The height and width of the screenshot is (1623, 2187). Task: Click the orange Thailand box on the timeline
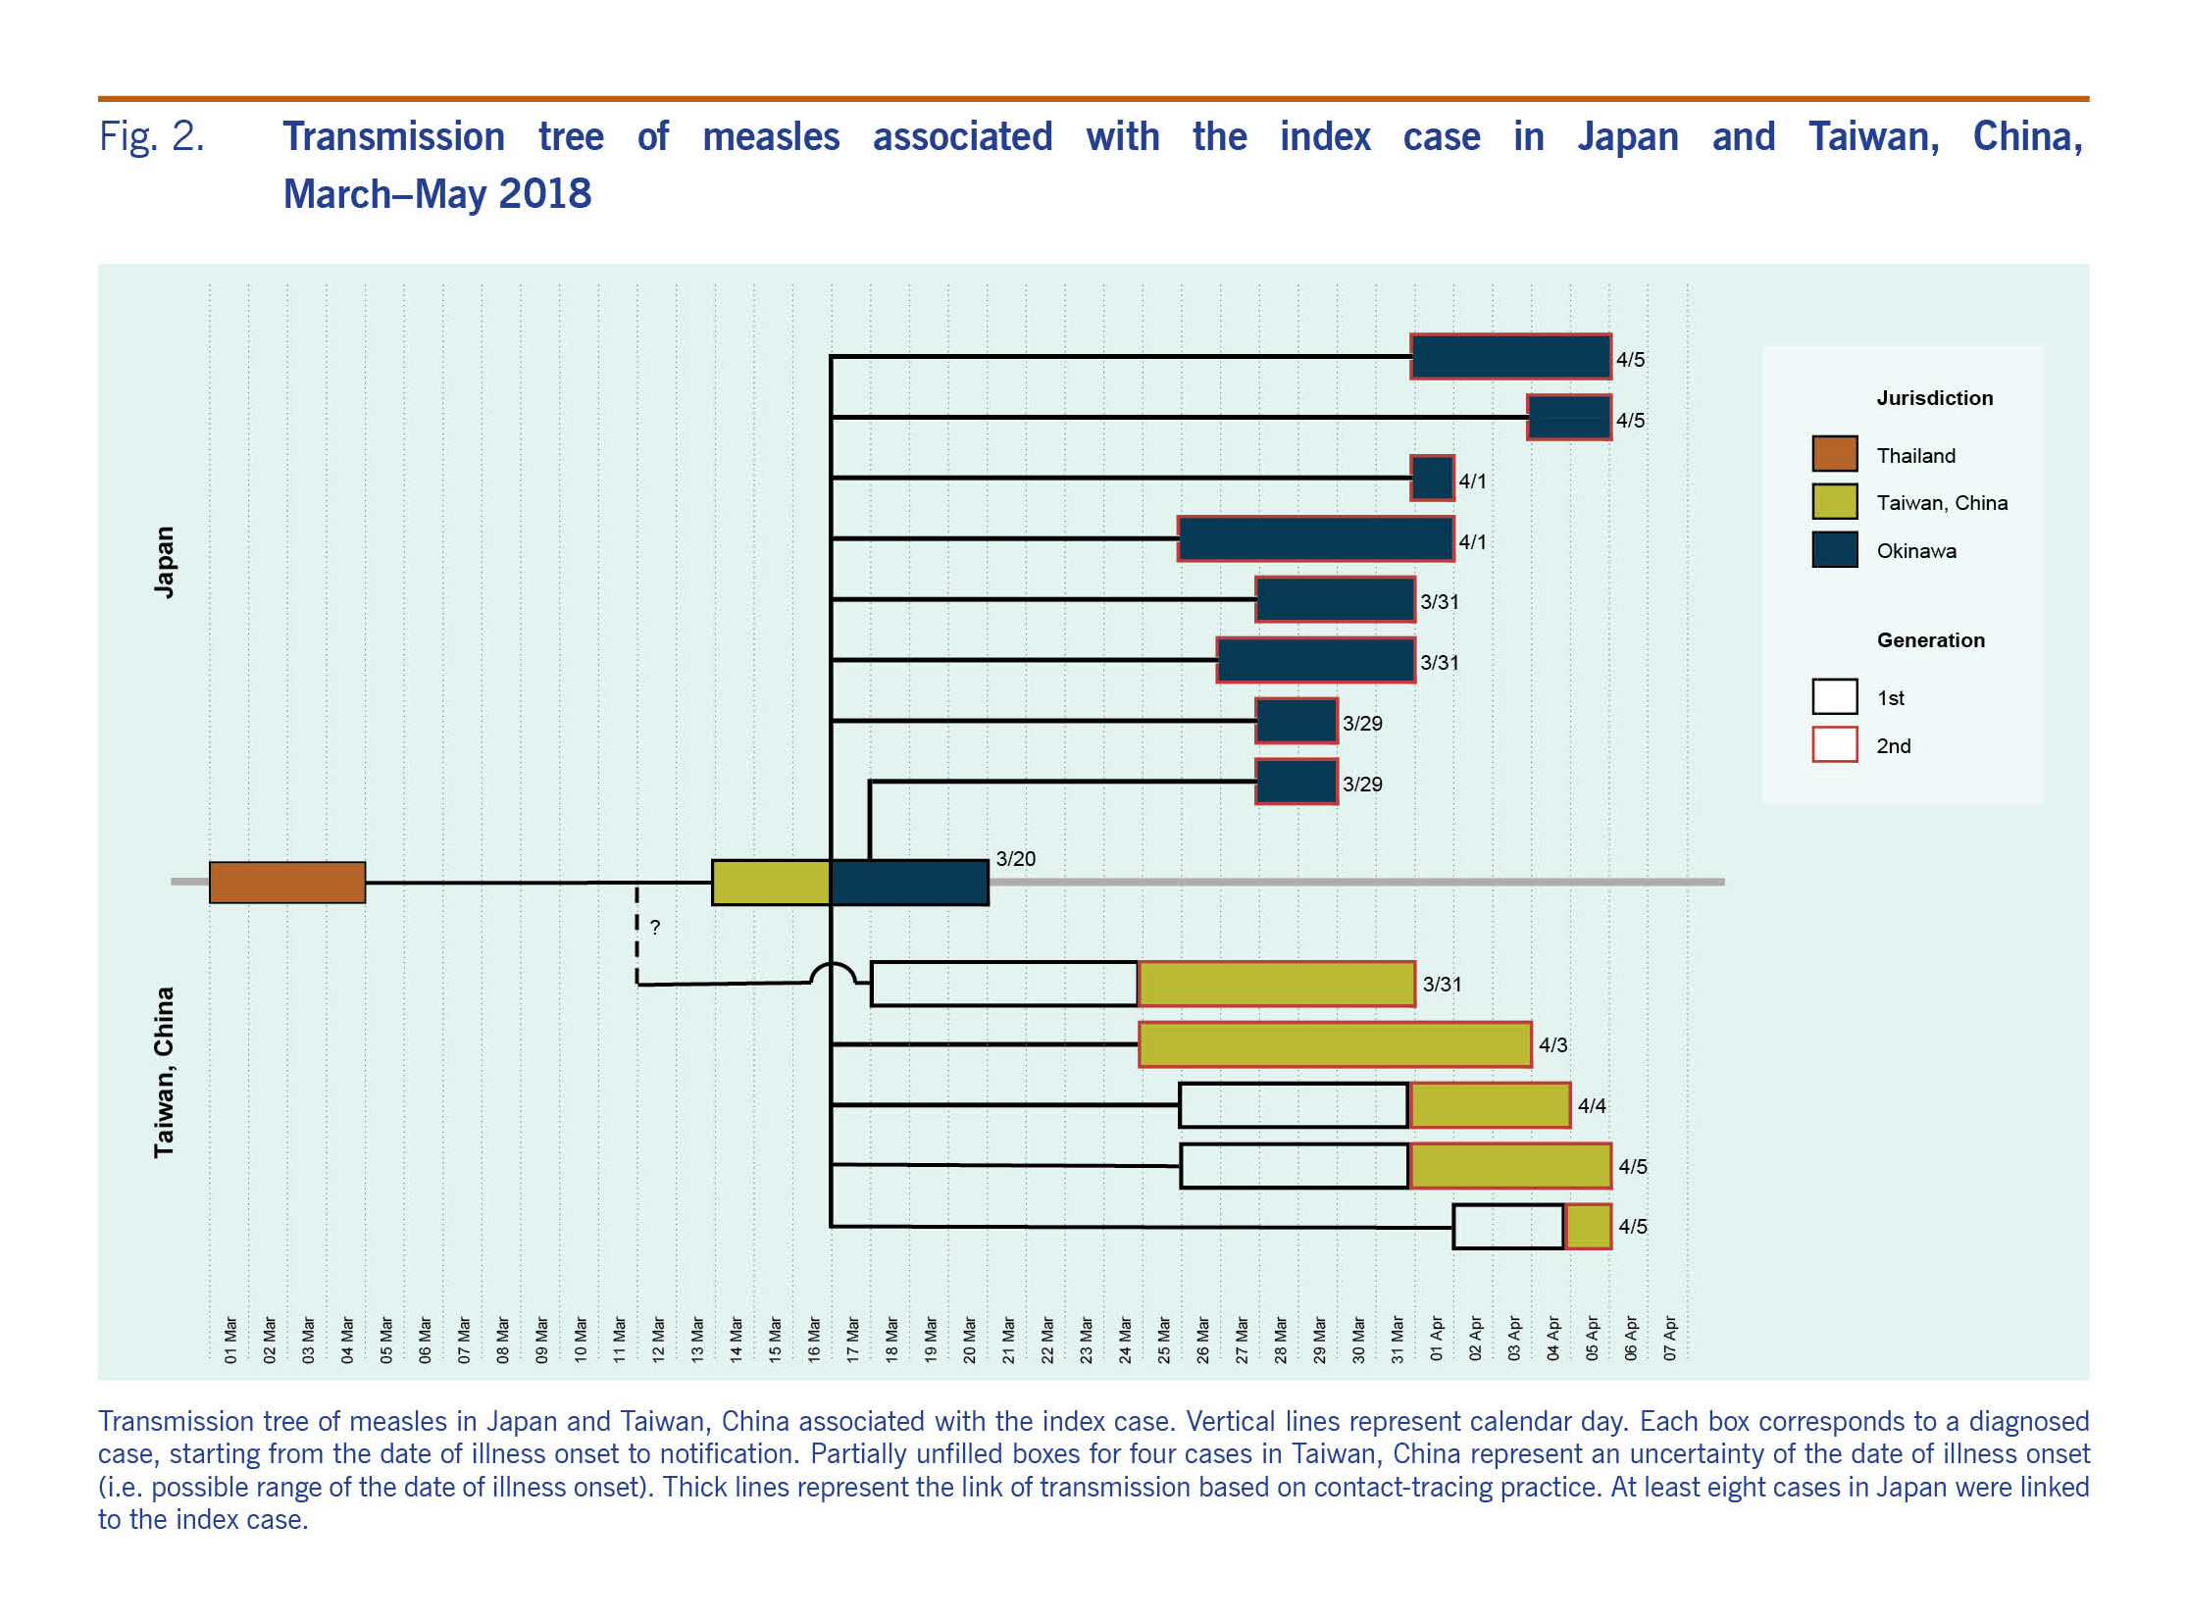pyautogui.click(x=287, y=883)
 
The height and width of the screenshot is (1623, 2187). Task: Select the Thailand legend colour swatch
pyautogui.click(x=1833, y=454)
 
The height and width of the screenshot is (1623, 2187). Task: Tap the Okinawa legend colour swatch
pyautogui.click(x=1833, y=549)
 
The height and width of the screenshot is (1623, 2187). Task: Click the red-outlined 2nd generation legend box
pyautogui.click(x=1833, y=744)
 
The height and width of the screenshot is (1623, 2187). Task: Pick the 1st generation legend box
pyautogui.click(x=1833, y=696)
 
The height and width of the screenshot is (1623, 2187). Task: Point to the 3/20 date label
pyautogui.click(x=1015, y=859)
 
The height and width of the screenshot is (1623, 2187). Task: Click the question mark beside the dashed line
pyautogui.click(x=655, y=927)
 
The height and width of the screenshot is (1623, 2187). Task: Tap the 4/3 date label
pyautogui.click(x=1552, y=1045)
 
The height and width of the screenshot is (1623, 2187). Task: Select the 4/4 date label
pyautogui.click(x=1592, y=1106)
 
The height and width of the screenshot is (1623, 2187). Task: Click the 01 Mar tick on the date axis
pyautogui.click(x=230, y=1340)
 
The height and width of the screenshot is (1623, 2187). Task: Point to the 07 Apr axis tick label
pyautogui.click(x=1670, y=1340)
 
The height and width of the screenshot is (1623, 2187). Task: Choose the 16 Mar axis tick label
pyautogui.click(x=814, y=1340)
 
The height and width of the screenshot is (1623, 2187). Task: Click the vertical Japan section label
pyautogui.click(x=164, y=562)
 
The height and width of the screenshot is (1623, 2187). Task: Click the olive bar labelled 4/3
pyautogui.click(x=1334, y=1044)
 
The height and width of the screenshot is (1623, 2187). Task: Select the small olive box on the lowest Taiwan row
pyautogui.click(x=1588, y=1226)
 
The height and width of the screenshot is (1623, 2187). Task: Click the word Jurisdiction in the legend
pyautogui.click(x=1934, y=398)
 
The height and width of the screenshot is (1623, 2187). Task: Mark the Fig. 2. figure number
pyautogui.click(x=151, y=136)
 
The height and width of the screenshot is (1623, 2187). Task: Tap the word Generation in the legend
pyautogui.click(x=1930, y=640)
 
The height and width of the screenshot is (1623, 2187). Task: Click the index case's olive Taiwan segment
pyautogui.click(x=770, y=883)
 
